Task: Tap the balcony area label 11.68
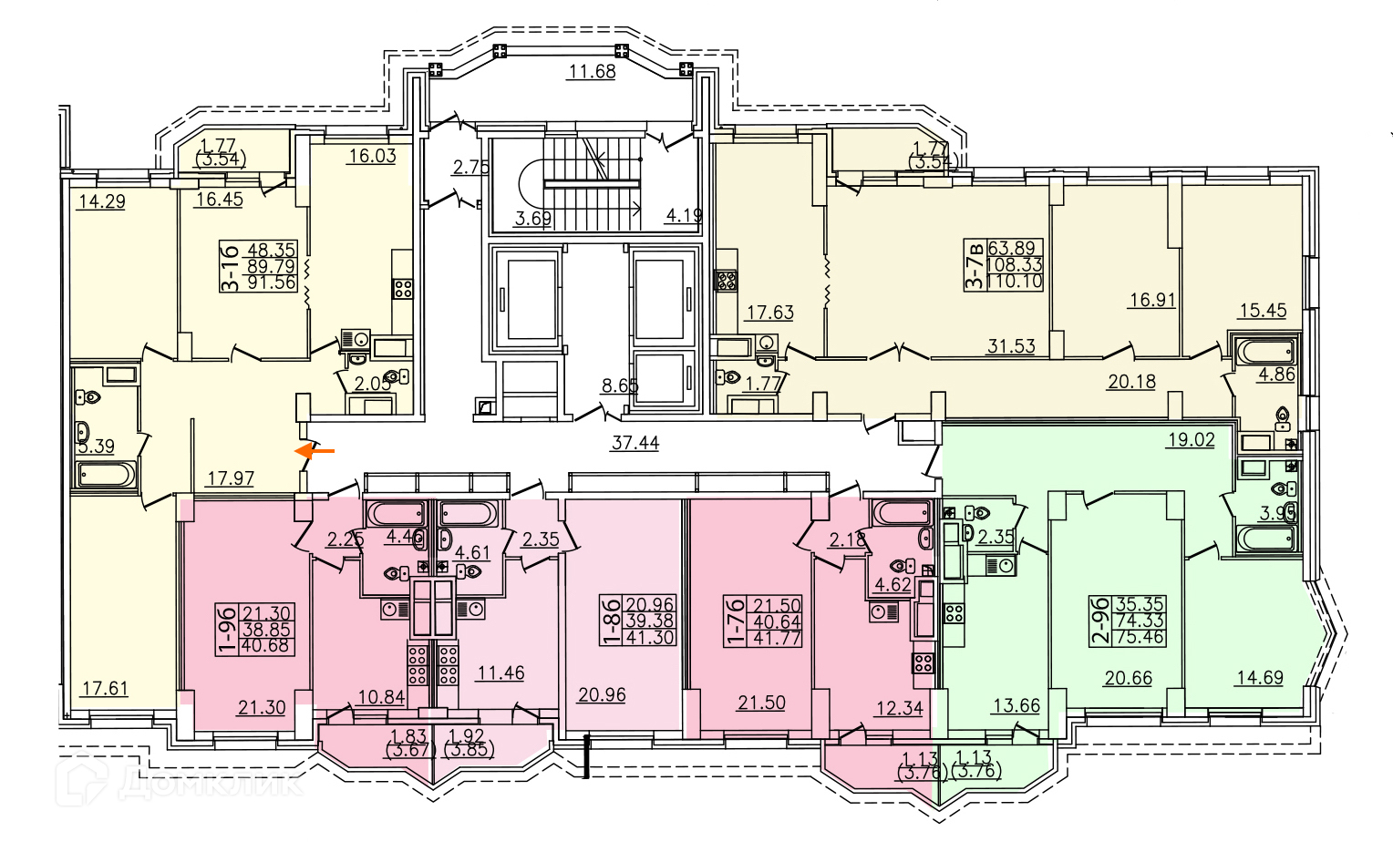pos(592,71)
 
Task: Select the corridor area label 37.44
pos(635,443)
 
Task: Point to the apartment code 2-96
pos(1101,621)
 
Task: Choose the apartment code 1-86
pos(610,621)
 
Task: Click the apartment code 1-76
pos(736,621)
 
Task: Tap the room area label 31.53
pos(1011,346)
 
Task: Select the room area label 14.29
pos(101,201)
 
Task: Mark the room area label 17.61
pos(104,688)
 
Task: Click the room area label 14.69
pos(1259,677)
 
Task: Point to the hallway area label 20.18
pos(1131,382)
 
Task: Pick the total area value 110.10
pos(1014,282)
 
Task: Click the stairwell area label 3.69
pos(533,218)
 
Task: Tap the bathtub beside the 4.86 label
pos(1264,352)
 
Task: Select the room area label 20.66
pos(1128,677)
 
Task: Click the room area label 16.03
pos(372,156)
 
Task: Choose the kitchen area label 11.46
pos(500,673)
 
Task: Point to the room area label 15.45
pos(1263,310)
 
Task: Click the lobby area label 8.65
pos(620,385)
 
